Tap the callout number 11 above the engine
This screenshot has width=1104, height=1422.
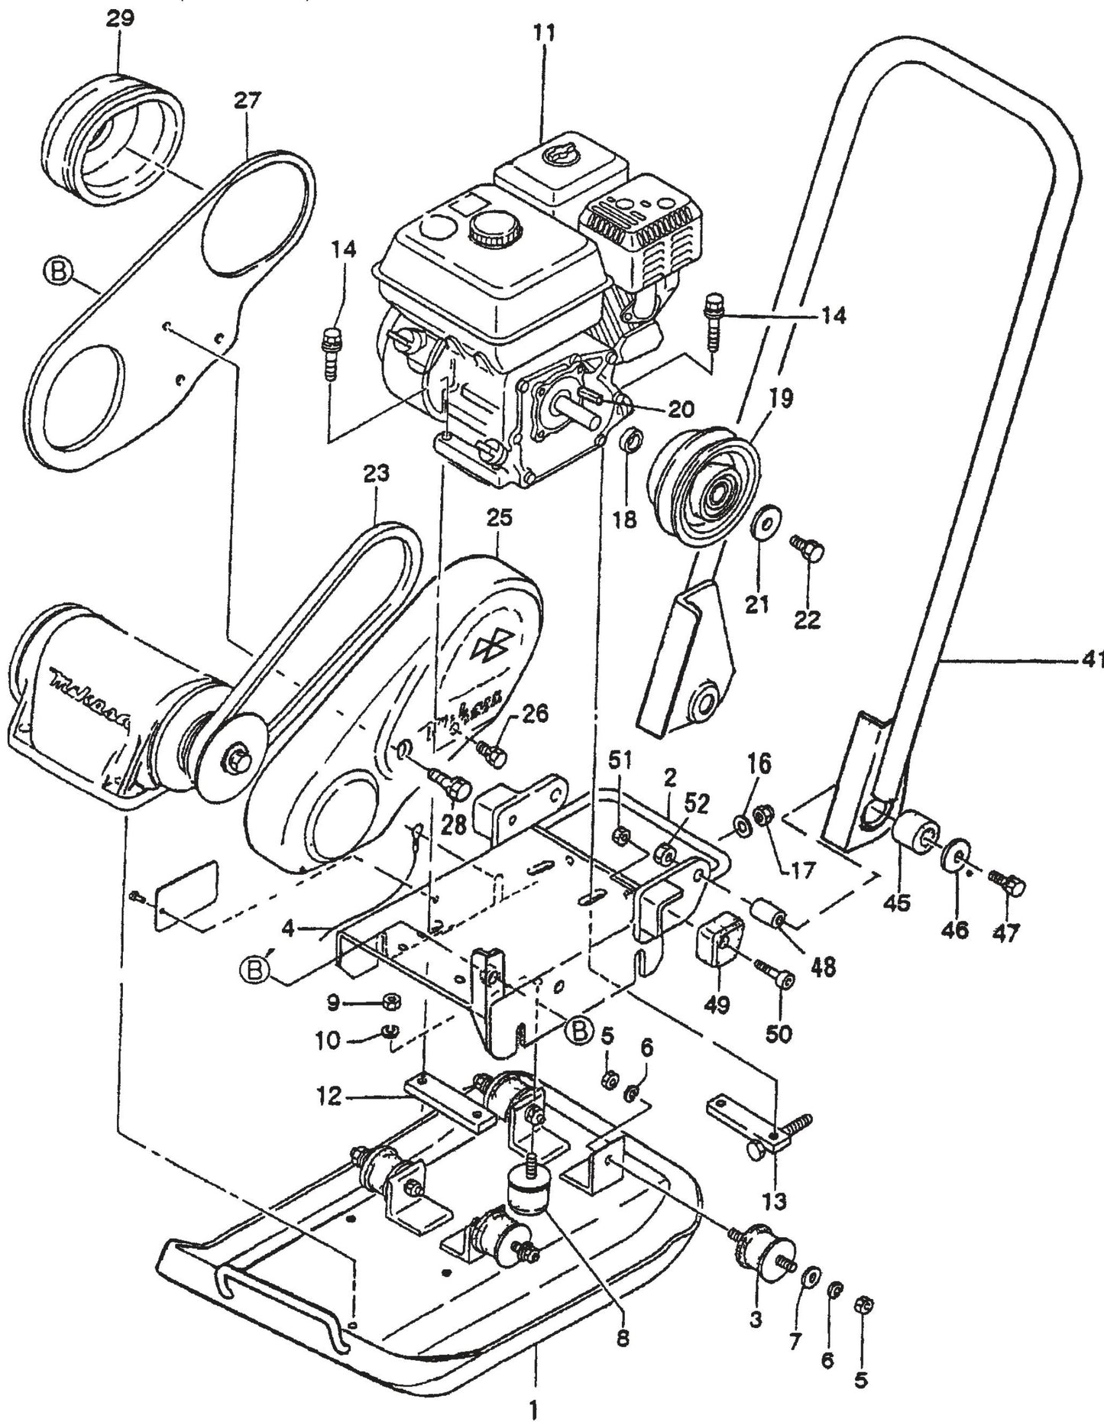(546, 34)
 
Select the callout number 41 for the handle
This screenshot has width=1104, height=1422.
(1093, 659)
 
